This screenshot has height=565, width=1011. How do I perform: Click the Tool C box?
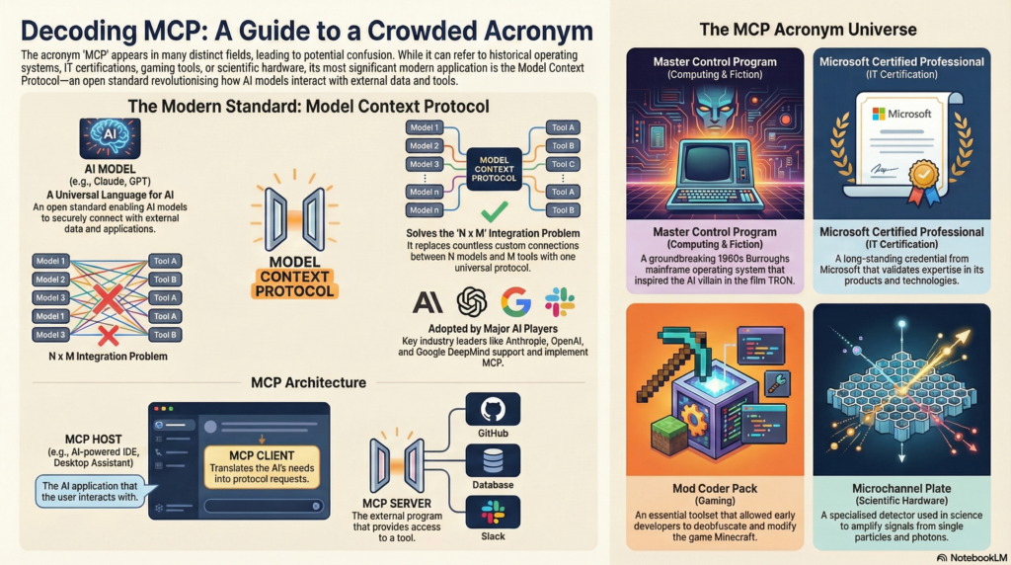[x=563, y=164]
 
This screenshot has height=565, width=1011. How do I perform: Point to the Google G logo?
[x=515, y=300]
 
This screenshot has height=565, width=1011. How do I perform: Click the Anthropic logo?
[x=428, y=301]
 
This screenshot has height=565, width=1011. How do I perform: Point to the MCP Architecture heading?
[x=309, y=382]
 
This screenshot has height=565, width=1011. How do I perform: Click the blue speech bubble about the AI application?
[x=88, y=491]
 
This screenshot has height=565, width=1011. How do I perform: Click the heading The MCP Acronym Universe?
[x=808, y=29]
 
